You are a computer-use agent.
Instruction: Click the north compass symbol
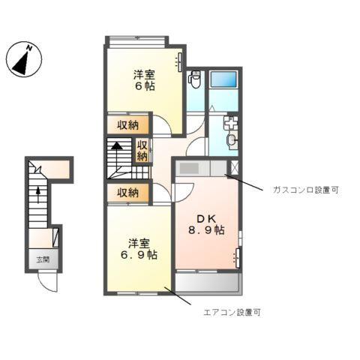coord(24,60)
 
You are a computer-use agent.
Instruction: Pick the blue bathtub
coord(224,81)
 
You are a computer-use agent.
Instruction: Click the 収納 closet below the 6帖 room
coord(127,124)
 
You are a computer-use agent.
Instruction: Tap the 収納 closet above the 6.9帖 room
coord(127,193)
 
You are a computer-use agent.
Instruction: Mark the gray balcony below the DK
coord(207,283)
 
